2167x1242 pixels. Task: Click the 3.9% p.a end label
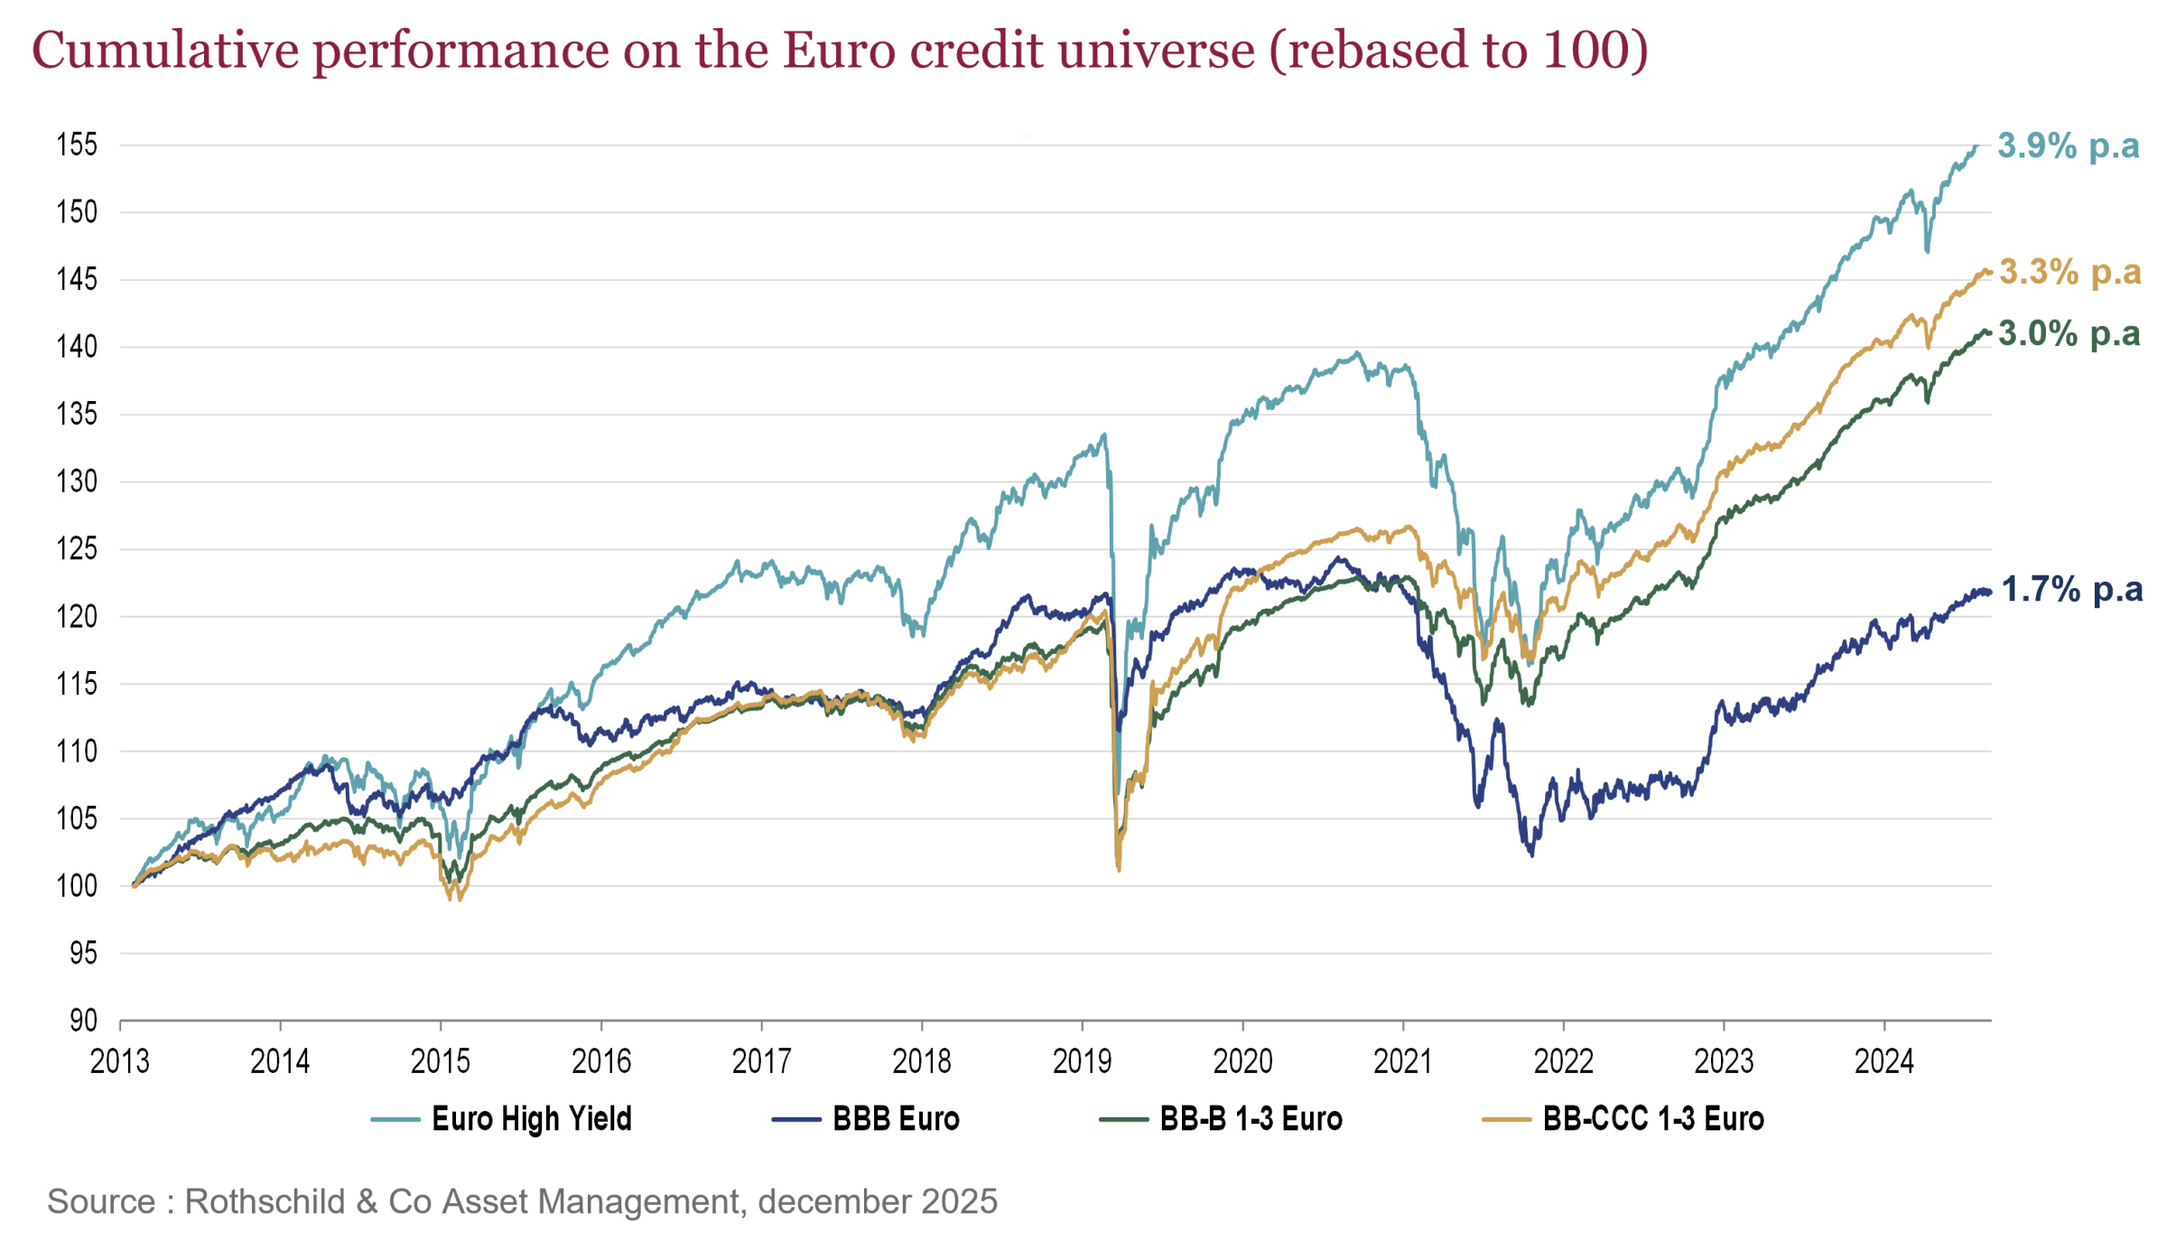point(2068,145)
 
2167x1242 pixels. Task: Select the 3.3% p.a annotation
point(2069,271)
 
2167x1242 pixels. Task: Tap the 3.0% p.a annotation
point(2069,333)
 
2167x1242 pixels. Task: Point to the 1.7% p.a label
point(2071,589)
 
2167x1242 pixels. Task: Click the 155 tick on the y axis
point(77,145)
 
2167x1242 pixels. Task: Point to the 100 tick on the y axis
point(77,885)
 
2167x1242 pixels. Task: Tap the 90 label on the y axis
point(83,1020)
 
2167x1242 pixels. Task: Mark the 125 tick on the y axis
point(77,548)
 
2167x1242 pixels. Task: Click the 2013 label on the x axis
point(119,1060)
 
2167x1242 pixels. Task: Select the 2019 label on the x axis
point(1082,1060)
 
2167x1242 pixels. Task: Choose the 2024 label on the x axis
point(1883,1060)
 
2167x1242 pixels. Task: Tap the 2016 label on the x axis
point(600,1060)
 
